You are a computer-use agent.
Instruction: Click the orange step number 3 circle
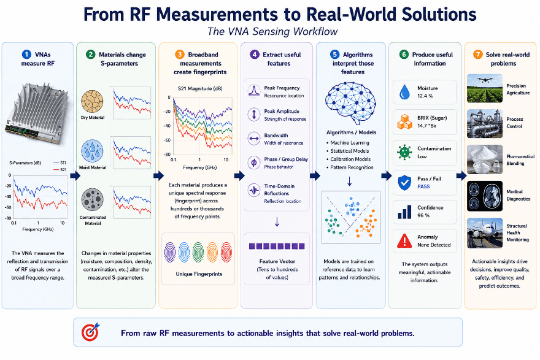pos(179,55)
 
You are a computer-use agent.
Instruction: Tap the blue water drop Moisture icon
pos(404,92)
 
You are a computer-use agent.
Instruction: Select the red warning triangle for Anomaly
pos(404,240)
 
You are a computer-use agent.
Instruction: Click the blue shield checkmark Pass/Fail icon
pos(404,182)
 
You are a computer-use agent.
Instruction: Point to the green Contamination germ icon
pos(404,152)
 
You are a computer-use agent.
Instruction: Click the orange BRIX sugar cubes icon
pos(404,122)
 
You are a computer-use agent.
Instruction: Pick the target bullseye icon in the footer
pos(90,332)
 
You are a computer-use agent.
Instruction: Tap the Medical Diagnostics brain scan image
pos(485,196)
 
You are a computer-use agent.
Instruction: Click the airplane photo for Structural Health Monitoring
pos(485,233)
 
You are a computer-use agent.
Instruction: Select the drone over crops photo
pos(485,88)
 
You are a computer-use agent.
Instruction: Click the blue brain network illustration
pos(350,103)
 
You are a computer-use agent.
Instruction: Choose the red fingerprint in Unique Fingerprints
pos(226,252)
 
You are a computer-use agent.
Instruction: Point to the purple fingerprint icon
pos(170,252)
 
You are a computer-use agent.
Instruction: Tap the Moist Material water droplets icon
pos(92,151)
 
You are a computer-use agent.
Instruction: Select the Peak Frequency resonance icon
pos(254,91)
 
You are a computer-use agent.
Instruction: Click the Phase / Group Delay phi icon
pos(254,163)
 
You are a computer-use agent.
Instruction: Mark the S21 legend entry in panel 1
pos(60,169)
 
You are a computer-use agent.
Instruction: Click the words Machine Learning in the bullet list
pos(350,142)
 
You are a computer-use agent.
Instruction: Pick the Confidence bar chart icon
pos(404,212)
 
